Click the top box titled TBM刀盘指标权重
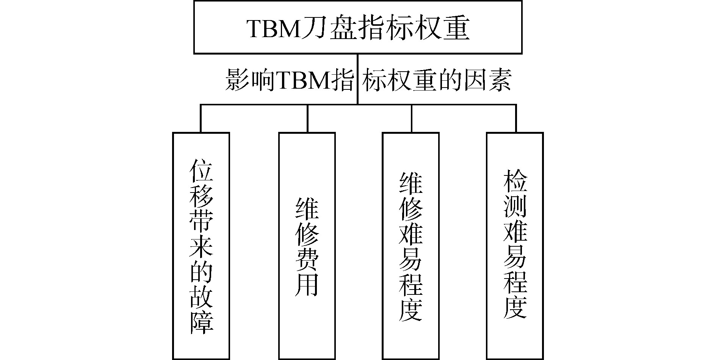(357, 27)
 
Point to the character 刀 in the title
(313, 28)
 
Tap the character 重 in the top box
(456, 28)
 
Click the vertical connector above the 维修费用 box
(307, 118)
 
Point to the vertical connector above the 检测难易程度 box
(516, 118)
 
